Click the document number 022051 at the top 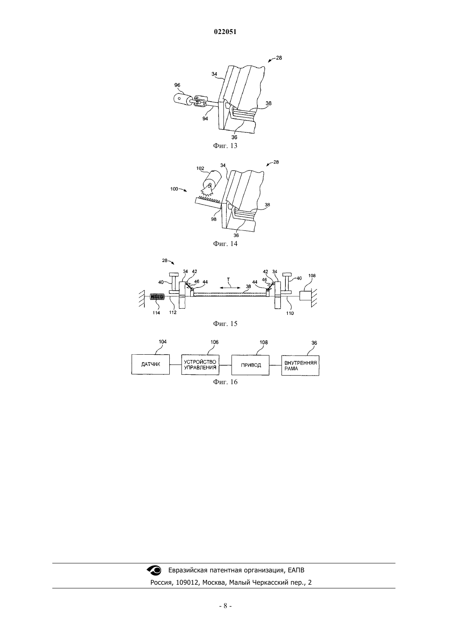point(225,32)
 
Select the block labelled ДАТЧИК point(150,364)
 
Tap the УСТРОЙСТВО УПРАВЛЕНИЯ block point(200,365)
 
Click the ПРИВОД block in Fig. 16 point(250,365)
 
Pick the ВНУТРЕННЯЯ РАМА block point(301,365)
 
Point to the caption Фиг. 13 point(225,146)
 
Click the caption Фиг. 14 point(225,244)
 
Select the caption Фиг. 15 point(225,324)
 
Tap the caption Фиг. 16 point(225,382)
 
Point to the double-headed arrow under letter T point(230,288)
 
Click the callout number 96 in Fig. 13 point(177,85)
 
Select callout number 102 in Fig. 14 point(200,169)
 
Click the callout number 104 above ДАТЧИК point(163,342)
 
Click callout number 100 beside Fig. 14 point(174,189)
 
